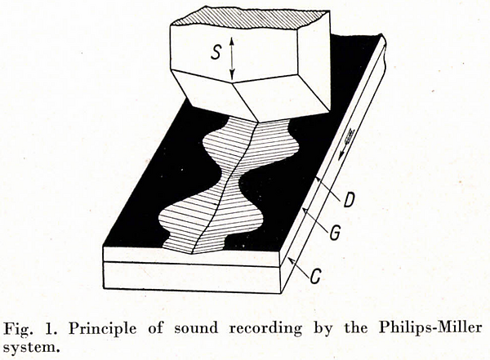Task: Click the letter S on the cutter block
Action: (216, 51)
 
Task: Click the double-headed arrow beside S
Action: (231, 58)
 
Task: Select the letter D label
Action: (348, 200)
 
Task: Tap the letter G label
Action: (335, 233)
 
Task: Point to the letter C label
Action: (316, 276)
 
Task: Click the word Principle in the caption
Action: (103, 329)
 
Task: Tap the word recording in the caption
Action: (266, 329)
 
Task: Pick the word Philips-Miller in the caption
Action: (430, 328)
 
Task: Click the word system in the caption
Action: (31, 347)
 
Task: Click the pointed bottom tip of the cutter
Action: (257, 122)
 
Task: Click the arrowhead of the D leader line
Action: (318, 180)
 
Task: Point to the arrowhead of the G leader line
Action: (305, 211)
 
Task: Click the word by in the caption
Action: (323, 329)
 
